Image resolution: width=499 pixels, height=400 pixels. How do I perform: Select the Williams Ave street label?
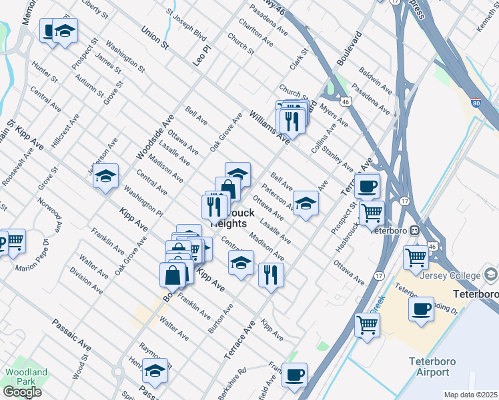point(269,127)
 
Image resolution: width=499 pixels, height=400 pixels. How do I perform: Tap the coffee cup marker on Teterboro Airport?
point(422,309)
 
